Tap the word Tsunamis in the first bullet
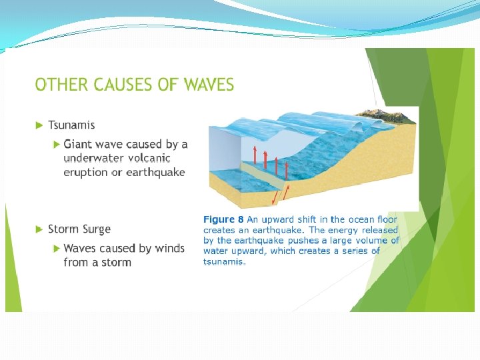pyautogui.click(x=71, y=125)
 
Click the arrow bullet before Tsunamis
pyautogui.click(x=39, y=125)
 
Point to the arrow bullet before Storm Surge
pyautogui.click(x=39, y=229)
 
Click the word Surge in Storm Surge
pyautogui.click(x=97, y=229)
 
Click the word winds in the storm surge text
pyautogui.click(x=169, y=249)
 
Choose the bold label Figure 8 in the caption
pyautogui.click(x=223, y=219)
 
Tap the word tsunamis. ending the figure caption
pyautogui.click(x=225, y=262)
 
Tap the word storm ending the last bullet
pyautogui.click(x=116, y=263)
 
